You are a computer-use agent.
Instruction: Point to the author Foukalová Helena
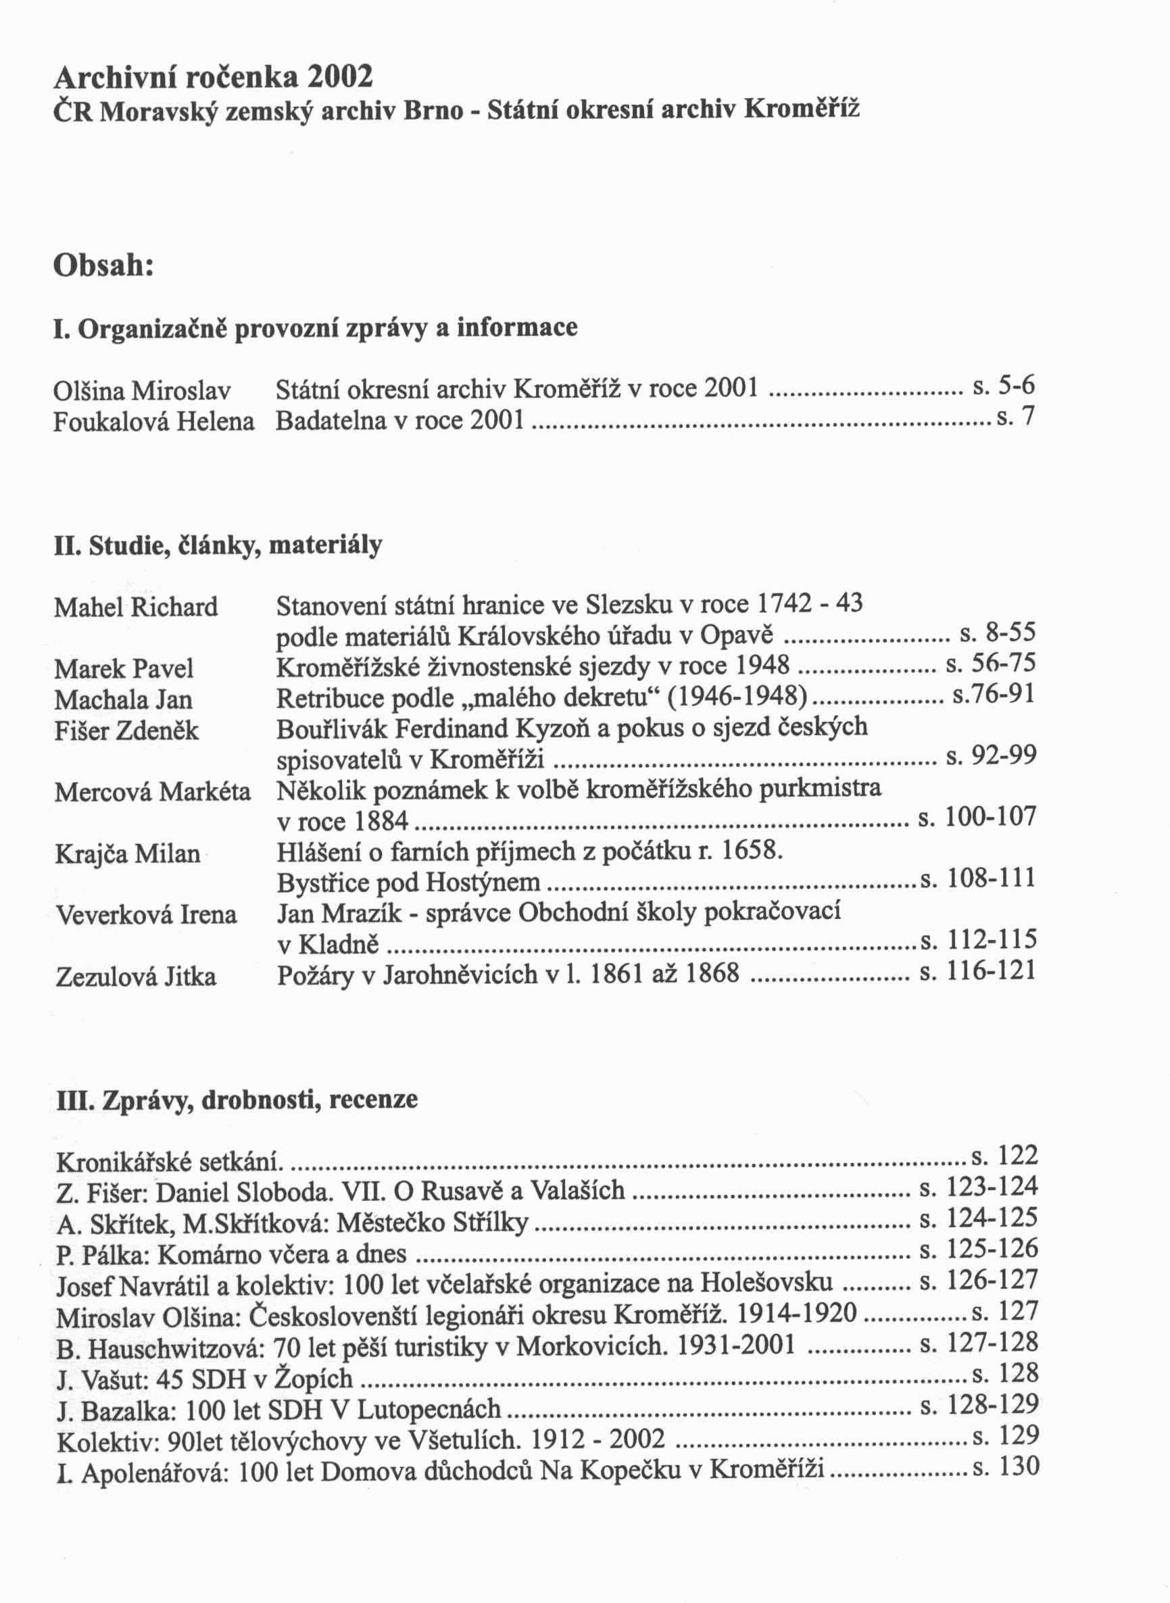[153, 422]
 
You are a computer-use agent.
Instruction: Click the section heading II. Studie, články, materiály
[218, 546]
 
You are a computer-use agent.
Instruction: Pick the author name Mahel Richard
[136, 607]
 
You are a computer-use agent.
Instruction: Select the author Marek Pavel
[124, 668]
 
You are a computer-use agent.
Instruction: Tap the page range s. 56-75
[991, 664]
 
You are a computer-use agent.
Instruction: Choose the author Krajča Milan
[128, 854]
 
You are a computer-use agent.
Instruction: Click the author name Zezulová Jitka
[135, 977]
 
